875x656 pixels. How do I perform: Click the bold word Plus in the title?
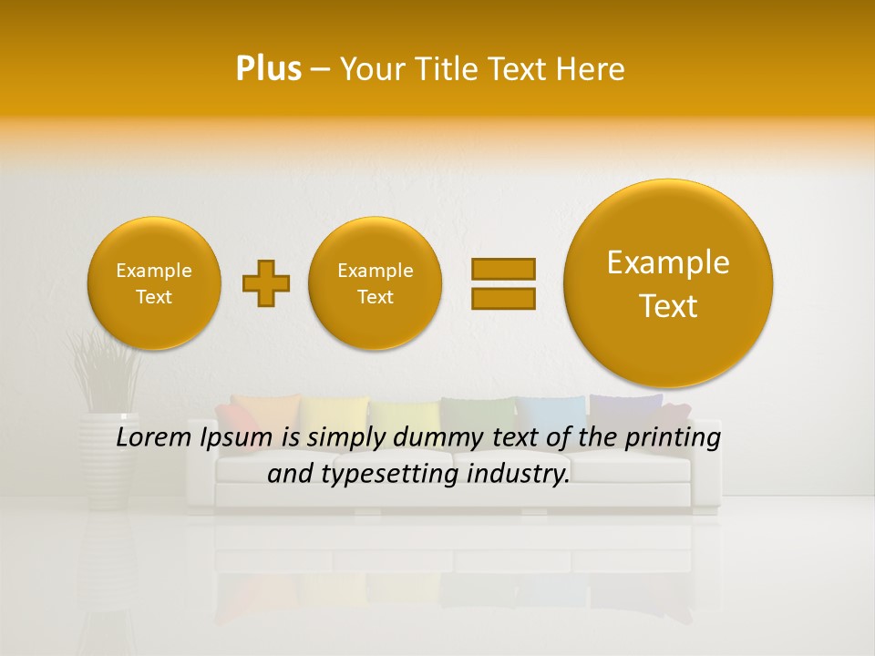[268, 69]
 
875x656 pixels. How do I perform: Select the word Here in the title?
[592, 69]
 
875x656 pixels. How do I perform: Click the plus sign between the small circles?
[266, 283]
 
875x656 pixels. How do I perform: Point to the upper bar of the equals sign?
[502, 269]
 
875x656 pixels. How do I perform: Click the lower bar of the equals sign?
[502, 298]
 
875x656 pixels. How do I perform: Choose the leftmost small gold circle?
[154, 283]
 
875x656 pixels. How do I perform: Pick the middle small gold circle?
[376, 283]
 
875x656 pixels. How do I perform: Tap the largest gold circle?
[668, 283]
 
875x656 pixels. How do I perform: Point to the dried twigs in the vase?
[106, 369]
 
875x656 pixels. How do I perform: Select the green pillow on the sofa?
[475, 411]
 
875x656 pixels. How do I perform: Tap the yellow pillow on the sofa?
[334, 411]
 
